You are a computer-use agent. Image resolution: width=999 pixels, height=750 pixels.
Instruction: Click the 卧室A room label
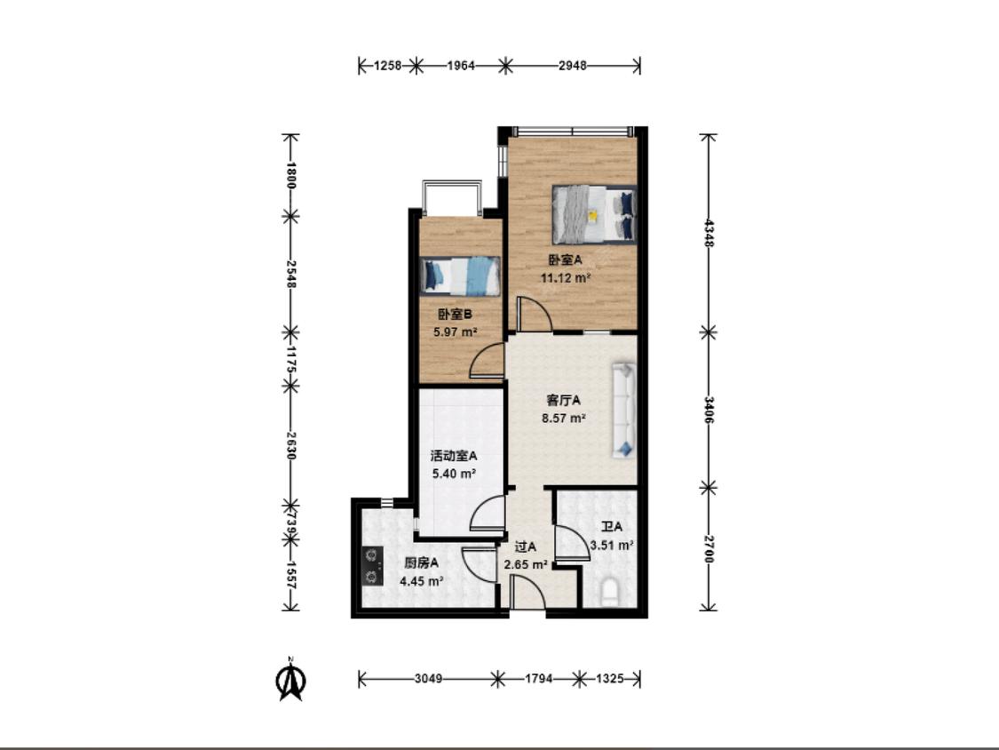pyautogui.click(x=565, y=260)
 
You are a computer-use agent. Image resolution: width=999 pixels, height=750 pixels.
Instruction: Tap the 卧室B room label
pyautogui.click(x=455, y=315)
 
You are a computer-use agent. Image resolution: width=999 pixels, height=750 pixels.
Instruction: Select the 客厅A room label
pyautogui.click(x=564, y=401)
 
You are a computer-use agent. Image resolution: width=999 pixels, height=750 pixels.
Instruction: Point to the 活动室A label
pyautogui.click(x=454, y=456)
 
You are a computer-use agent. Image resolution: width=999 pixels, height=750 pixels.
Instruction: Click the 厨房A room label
pyautogui.click(x=421, y=563)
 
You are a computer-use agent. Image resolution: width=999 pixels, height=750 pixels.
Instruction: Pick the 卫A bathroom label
pyautogui.click(x=612, y=528)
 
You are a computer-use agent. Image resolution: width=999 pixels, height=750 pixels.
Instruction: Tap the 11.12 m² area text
pyautogui.click(x=565, y=278)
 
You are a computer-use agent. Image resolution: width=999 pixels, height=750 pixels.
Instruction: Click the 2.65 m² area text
pyautogui.click(x=527, y=565)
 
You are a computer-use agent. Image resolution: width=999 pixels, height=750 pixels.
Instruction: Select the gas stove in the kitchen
pyautogui.click(x=372, y=566)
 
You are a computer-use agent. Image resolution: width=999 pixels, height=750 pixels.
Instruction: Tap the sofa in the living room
pyautogui.click(x=624, y=410)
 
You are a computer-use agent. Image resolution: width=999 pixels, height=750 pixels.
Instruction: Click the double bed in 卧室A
pyautogui.click(x=594, y=215)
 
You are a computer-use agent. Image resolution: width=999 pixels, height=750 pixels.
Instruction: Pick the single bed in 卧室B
pyautogui.click(x=459, y=276)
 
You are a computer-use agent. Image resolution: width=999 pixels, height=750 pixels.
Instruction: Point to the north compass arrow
pyautogui.click(x=290, y=681)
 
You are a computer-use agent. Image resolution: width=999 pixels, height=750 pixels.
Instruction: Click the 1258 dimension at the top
pyautogui.click(x=387, y=65)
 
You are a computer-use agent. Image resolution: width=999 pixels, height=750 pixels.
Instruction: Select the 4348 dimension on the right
pyautogui.click(x=709, y=234)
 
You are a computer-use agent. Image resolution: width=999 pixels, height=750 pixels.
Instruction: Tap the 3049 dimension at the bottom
pyautogui.click(x=428, y=679)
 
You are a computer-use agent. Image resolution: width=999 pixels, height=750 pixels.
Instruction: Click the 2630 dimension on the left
pyautogui.click(x=291, y=446)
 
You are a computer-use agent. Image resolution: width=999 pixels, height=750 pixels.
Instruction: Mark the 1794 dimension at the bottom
pyautogui.click(x=538, y=679)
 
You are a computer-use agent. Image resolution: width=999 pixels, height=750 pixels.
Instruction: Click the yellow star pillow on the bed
pyautogui.click(x=592, y=216)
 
